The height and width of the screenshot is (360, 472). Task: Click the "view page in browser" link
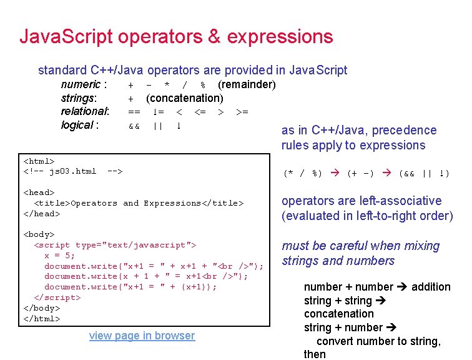[x=142, y=336]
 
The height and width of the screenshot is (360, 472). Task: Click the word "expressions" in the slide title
[x=280, y=36]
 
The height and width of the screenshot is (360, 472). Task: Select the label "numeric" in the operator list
[x=81, y=84]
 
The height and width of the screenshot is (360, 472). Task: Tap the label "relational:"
[x=85, y=111]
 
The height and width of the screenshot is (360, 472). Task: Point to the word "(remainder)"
[x=247, y=84]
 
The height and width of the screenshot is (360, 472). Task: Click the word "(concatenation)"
[x=184, y=98]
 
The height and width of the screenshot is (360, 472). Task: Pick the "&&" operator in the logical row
[x=134, y=126]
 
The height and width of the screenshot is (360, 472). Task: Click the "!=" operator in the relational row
[x=158, y=112]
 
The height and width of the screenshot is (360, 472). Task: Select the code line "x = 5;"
[x=60, y=256]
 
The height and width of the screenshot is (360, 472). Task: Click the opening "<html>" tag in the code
[x=39, y=161]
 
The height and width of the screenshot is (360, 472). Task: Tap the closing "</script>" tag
[x=57, y=297]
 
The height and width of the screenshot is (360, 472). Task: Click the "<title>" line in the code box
[x=139, y=203]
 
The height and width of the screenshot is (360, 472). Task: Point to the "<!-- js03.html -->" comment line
[x=73, y=171]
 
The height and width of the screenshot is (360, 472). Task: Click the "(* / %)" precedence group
[x=303, y=173]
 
